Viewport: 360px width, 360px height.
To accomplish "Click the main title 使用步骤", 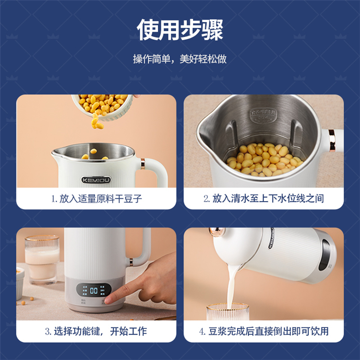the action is point(180,30).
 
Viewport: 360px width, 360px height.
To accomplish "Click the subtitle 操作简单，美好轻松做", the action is point(180,59).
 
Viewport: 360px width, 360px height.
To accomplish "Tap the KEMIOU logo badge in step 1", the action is point(96,180).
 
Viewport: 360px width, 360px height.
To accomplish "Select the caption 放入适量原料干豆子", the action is point(101,199).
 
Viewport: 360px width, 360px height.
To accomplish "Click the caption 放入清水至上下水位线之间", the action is point(268,199).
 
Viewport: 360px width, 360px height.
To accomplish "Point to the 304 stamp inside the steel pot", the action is point(264,116).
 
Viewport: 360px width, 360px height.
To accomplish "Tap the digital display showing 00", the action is point(94,290).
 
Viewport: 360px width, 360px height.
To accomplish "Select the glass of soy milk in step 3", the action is point(42,259).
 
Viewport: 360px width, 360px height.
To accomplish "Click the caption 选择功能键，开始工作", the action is point(100,331).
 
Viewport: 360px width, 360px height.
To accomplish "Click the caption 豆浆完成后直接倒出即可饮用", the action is point(268,331).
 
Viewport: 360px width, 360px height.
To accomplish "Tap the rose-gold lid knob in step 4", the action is point(216,232).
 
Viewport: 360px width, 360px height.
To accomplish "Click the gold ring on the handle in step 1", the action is point(143,164).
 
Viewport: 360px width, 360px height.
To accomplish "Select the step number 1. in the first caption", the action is point(54,199).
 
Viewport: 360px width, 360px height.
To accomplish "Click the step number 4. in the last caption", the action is point(202,332).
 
